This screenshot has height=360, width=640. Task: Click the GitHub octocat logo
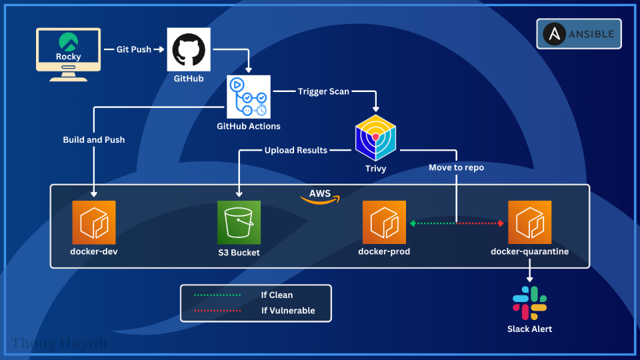189,50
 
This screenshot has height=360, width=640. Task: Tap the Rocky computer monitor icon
69,53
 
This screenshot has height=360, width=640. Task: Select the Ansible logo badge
579,34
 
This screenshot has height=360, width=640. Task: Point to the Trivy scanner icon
376,137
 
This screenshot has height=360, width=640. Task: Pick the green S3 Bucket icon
239,223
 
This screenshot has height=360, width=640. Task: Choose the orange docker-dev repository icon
94,223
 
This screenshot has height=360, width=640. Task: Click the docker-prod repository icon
384,223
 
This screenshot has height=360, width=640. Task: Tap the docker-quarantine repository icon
529,223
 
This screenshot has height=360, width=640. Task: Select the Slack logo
529,303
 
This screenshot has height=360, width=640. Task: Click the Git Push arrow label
134,49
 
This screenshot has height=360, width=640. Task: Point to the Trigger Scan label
323,91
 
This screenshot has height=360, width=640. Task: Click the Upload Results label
296,151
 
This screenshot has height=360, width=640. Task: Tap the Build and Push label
94,140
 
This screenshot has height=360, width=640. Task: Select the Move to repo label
456,168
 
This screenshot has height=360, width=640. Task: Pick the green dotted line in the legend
217,295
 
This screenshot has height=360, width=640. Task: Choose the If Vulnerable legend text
288,311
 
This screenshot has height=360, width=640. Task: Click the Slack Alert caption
529,329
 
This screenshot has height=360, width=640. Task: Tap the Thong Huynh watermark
59,344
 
